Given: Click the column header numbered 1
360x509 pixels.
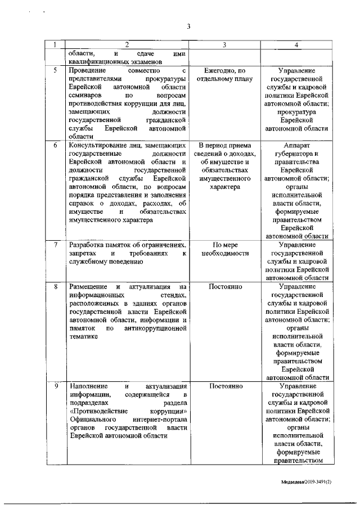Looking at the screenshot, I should coord(55,43).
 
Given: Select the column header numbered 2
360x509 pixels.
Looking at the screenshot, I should coord(127,43).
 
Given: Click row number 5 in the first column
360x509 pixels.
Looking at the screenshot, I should coord(55,71).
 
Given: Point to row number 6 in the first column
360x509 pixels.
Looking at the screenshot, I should coord(55,145).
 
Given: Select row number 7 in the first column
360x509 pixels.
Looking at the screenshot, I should coord(55,245).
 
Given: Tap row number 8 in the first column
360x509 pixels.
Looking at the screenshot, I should coord(55,287).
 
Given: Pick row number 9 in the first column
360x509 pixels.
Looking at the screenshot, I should coord(55,387).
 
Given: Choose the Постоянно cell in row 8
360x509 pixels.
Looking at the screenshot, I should coord(225,287).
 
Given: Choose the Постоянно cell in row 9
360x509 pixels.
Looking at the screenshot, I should coord(225,387).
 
